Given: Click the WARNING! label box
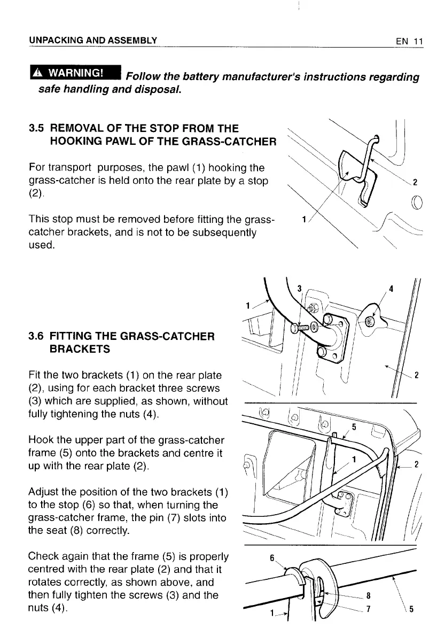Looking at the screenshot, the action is click(x=75, y=72).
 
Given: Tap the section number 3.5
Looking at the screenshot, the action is click(x=36, y=129).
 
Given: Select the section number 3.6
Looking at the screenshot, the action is click(x=36, y=336).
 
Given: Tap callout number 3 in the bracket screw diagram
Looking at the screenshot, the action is click(x=300, y=289).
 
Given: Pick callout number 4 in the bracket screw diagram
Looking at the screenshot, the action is click(x=391, y=289).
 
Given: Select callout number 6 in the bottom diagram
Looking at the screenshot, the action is click(x=271, y=558).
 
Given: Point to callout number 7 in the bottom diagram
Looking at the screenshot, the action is click(x=369, y=609).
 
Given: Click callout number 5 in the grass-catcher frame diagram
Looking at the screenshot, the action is click(x=354, y=426).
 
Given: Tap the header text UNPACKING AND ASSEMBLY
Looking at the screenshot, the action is click(x=93, y=41).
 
